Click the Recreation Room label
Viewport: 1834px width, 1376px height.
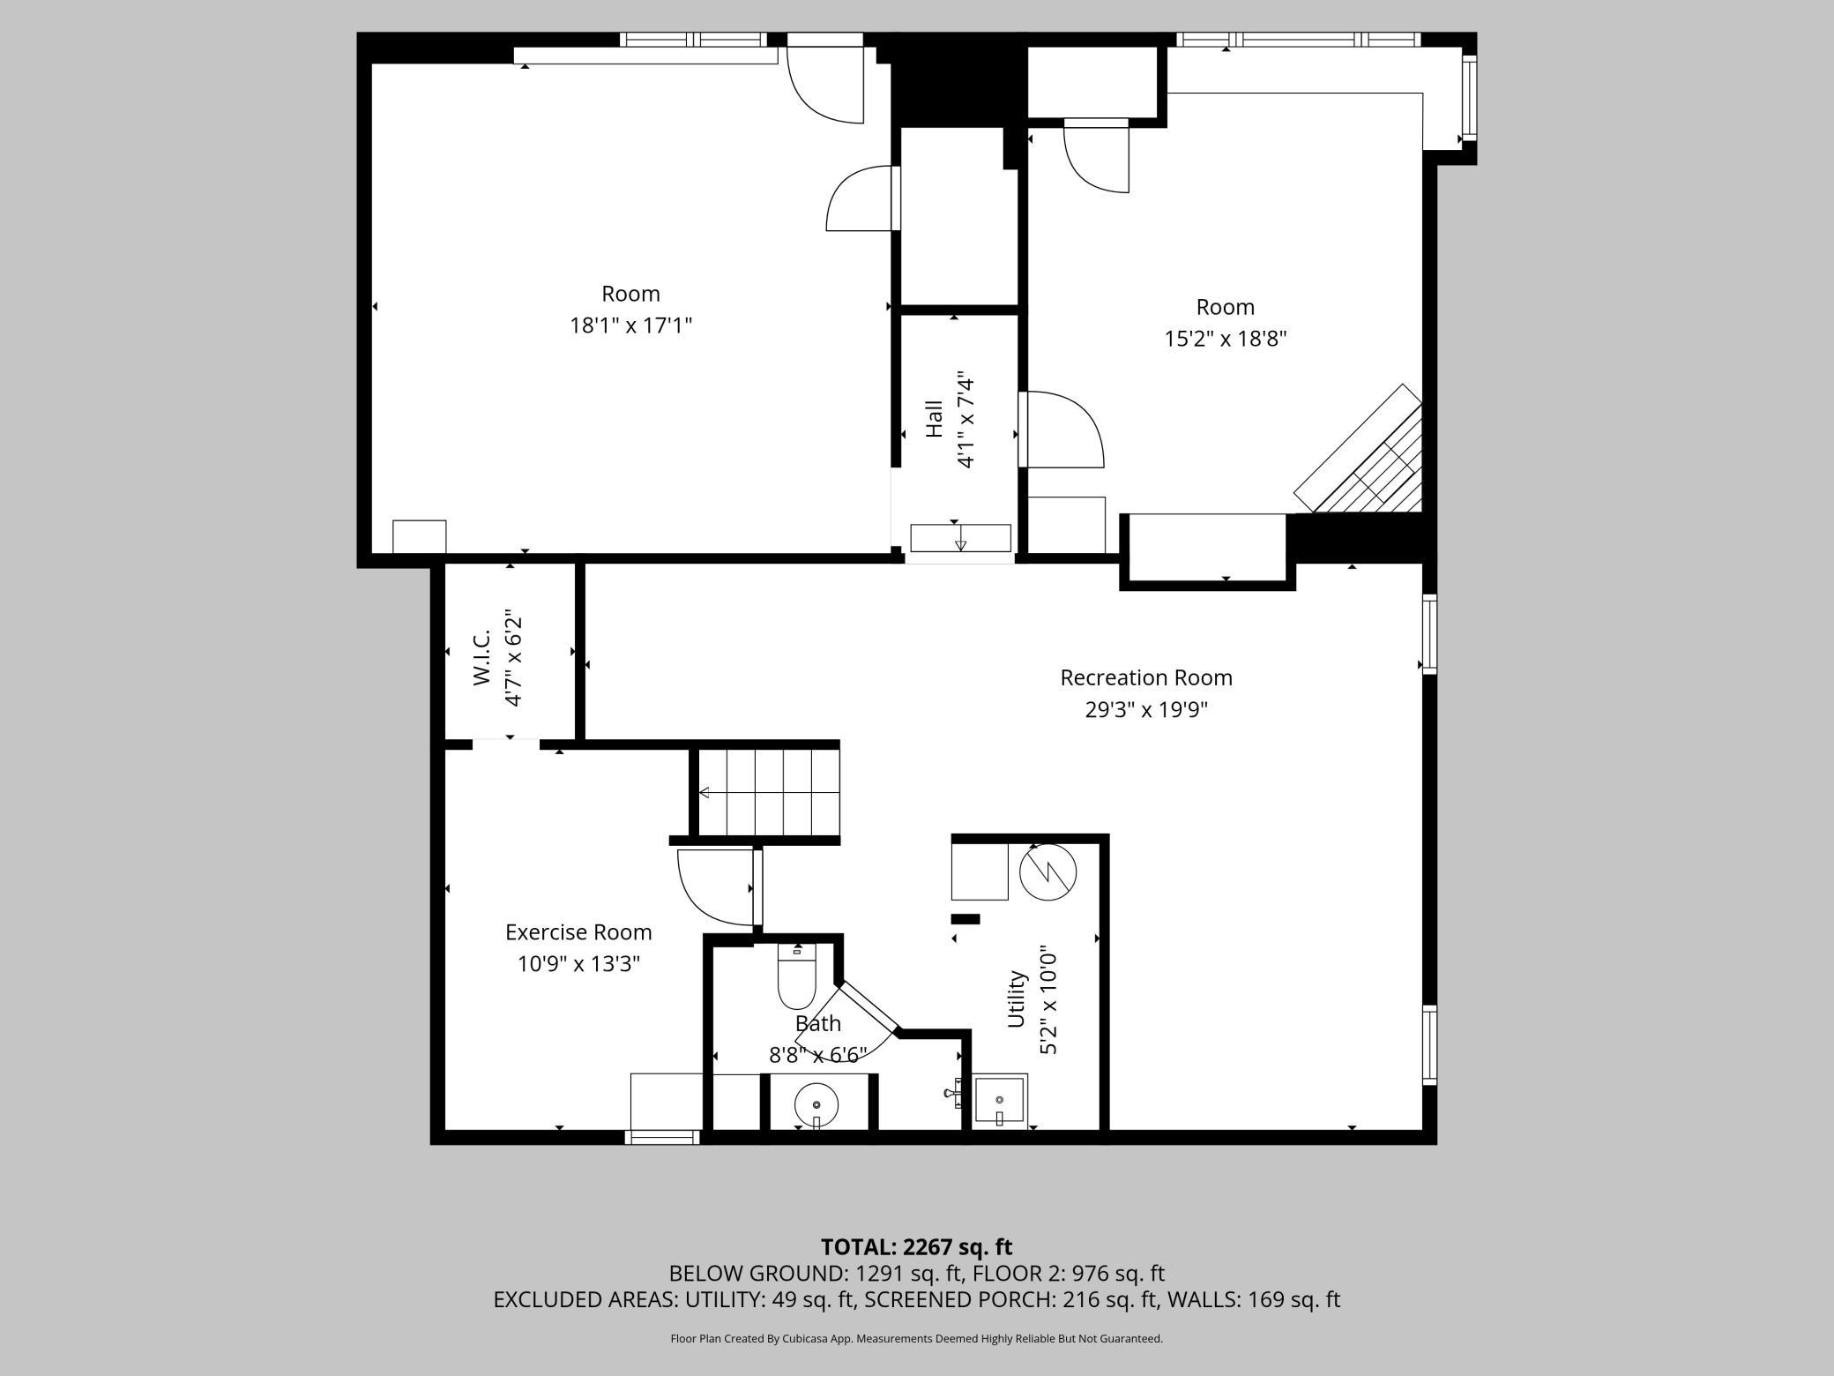click(1146, 677)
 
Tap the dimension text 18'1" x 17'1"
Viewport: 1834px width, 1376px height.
click(630, 325)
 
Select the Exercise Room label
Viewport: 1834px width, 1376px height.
click(578, 932)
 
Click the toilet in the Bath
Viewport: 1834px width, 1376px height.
click(797, 976)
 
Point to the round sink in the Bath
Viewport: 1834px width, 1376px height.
click(816, 1103)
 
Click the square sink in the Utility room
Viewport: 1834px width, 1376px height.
click(1000, 1100)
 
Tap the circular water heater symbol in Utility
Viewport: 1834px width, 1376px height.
click(1048, 872)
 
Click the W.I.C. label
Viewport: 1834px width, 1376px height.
click(481, 657)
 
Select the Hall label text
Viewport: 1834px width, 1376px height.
click(934, 419)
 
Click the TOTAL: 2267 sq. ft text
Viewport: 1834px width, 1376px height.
click(916, 1247)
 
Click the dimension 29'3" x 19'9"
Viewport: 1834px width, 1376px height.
click(1146, 710)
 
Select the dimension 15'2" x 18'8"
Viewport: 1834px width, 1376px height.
click(1226, 339)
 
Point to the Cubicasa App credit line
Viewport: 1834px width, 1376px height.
click(916, 1339)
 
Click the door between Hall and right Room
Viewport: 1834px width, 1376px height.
click(1061, 430)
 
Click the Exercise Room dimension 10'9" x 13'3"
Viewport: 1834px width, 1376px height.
click(578, 964)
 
